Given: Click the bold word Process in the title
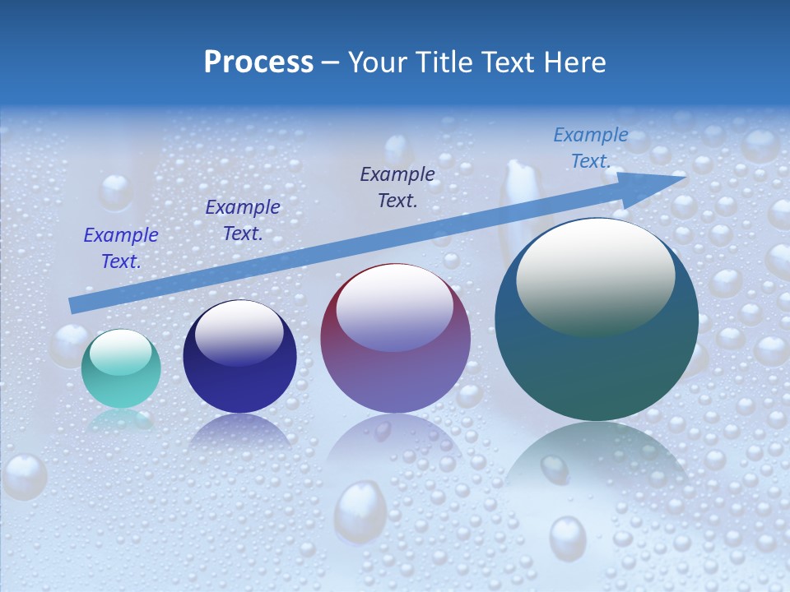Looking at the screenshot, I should pyautogui.click(x=258, y=62).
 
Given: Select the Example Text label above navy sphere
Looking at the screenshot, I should pyautogui.click(x=242, y=220).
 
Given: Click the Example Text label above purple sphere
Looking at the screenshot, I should pyautogui.click(x=397, y=187).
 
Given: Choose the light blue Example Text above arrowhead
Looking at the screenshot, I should pyautogui.click(x=590, y=148).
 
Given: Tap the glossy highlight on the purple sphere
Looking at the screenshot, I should pyautogui.click(x=395, y=308).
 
